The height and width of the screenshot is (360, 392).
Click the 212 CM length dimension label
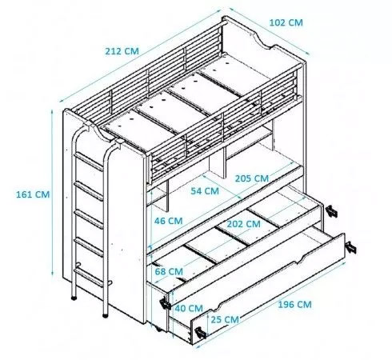coord(122,51)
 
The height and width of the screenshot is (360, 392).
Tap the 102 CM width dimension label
coord(286,22)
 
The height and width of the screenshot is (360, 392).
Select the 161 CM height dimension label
coord(33,194)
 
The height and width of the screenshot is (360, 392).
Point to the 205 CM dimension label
coord(252,178)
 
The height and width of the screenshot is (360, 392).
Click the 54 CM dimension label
coord(205,191)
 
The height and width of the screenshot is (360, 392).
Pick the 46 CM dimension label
coord(168,221)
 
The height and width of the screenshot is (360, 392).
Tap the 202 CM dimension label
coord(243,224)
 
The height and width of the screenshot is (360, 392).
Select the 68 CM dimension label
coord(169,271)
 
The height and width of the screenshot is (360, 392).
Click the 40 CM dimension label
coord(189,308)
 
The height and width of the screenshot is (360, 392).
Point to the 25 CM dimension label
coord(225,319)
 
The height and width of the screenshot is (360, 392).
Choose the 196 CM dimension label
coord(294,304)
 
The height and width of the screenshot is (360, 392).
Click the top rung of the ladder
coord(89,161)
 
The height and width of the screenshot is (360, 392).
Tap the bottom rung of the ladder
coord(89,278)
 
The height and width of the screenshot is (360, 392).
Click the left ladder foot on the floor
coord(74,298)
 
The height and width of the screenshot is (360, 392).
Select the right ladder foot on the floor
coord(106,316)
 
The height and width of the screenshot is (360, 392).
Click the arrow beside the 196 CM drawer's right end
coord(350,247)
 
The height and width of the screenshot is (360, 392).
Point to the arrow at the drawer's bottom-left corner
coord(200,333)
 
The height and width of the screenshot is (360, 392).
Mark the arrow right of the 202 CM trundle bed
coord(331,211)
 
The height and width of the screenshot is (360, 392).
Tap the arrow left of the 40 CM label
coord(166,303)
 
